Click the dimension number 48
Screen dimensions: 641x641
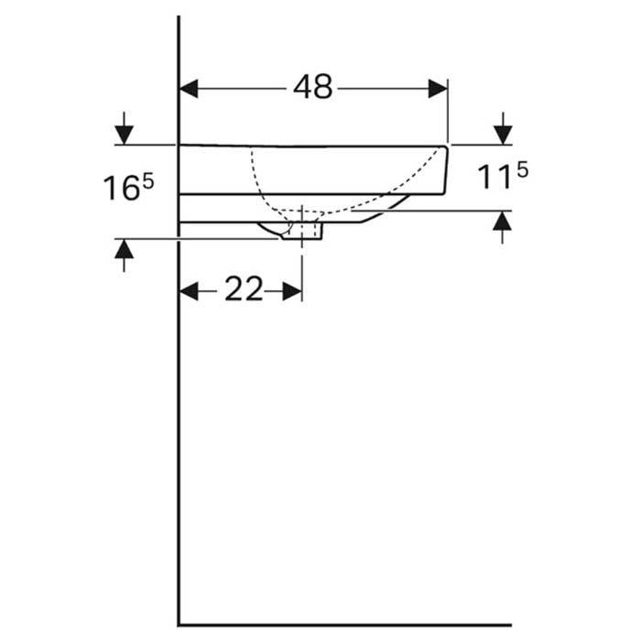[313, 88]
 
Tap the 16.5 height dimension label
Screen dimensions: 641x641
[127, 189]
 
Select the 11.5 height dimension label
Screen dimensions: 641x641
[502, 177]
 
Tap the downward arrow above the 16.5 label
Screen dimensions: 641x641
[124, 135]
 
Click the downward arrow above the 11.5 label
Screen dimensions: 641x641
[502, 135]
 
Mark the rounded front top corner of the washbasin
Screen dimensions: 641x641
[445, 147]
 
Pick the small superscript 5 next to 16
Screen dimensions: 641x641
[147, 180]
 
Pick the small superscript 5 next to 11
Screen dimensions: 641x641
[522, 168]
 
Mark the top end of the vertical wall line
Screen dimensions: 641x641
[179, 18]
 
